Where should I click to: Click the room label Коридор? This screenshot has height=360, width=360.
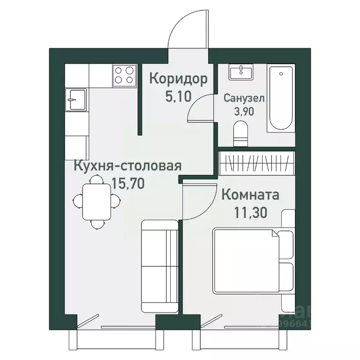tap(178, 79)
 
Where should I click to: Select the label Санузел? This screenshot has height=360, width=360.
tap(244, 98)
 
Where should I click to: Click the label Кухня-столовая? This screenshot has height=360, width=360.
tap(127, 165)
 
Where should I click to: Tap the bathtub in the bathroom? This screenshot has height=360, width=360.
tap(281, 99)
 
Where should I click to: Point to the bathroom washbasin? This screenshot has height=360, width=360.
tap(240, 73)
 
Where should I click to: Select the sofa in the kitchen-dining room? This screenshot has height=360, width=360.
tap(159, 266)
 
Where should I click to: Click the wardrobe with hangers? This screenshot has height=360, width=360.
tap(256, 163)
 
